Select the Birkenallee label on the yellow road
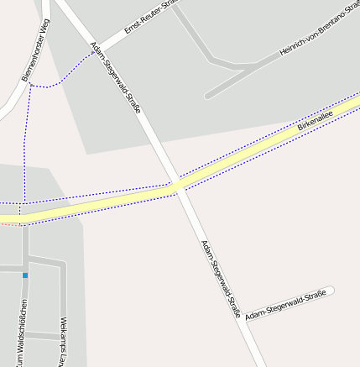pos(315,122)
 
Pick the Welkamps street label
pos(62,341)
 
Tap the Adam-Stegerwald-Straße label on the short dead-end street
pos(285,304)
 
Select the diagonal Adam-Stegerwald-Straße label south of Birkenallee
pos(220,278)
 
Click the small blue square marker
pos(25,275)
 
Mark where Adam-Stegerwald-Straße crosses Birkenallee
pos(176,186)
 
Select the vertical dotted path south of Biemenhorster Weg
pos(26,143)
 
